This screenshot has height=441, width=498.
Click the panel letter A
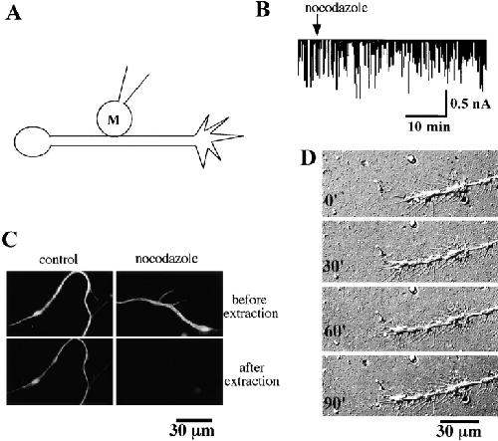tap(14, 14)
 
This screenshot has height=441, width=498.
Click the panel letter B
tap(263, 9)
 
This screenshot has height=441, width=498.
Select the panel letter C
tap(9, 240)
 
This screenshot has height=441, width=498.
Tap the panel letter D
tap(308, 158)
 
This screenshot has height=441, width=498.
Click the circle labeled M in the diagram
tap(115, 118)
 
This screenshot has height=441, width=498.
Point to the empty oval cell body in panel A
tap(32, 141)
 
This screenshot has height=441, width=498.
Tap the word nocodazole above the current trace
tap(336, 8)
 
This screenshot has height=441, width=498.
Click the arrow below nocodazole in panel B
tap(317, 26)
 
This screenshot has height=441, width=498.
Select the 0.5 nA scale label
tap(470, 104)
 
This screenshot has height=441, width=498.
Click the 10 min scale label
tap(429, 126)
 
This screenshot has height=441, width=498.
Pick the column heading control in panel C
tap(59, 259)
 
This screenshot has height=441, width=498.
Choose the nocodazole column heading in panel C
tap(166, 258)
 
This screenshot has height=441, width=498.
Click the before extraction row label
tap(251, 307)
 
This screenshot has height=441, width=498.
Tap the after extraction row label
tap(252, 374)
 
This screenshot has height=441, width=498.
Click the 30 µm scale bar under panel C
tap(194, 420)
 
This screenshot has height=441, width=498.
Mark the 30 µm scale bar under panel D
tap(460, 421)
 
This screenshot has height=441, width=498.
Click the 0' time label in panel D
tap(329, 201)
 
